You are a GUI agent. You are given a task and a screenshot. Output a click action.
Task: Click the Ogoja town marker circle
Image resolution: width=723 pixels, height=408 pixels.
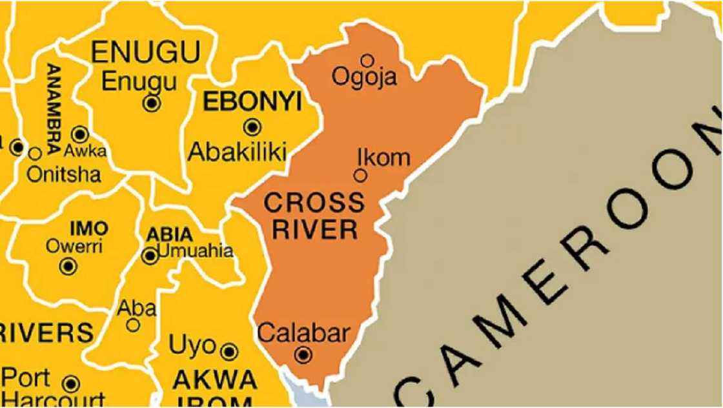pos(367,61)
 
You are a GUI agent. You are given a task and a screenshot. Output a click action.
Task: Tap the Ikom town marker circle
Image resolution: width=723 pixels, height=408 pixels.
pos(360,175)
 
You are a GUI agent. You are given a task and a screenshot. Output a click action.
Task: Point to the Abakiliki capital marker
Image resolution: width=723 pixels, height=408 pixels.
pos(252,127)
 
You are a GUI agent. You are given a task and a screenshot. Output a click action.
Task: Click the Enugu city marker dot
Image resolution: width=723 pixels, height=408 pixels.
pos(152,103)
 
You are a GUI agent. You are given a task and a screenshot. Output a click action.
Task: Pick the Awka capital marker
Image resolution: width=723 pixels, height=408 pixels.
pos(80,134)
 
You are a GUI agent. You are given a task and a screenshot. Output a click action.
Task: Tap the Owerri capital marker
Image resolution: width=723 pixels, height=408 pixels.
pos(68,265)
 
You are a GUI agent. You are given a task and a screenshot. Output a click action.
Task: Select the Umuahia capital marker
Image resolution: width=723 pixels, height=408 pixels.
pos(150,256)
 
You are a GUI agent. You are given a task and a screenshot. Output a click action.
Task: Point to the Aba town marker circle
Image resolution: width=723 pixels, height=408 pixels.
pos(133,325)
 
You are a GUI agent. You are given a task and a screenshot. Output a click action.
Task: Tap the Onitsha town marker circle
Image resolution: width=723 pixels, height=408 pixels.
pos(35,154)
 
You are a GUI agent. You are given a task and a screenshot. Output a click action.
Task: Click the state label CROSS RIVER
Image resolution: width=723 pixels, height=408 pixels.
pos(314,216)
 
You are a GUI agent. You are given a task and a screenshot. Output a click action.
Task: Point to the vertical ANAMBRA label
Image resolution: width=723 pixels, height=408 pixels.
pos(54,107)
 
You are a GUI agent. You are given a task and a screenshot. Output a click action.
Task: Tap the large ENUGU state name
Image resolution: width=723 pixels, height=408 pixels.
pos(146,52)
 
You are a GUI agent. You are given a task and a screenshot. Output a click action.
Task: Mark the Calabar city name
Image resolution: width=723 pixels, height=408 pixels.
pos(303,333)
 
